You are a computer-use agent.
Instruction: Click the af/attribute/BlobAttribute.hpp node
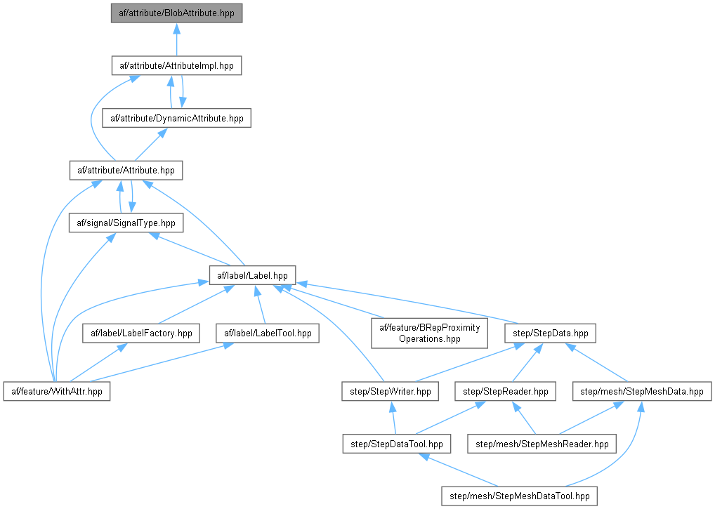click(x=176, y=13)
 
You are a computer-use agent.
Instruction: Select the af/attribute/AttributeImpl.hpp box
click(x=176, y=66)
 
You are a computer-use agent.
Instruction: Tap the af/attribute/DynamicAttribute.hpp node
click(x=176, y=118)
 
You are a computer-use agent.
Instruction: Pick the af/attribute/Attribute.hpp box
click(x=126, y=171)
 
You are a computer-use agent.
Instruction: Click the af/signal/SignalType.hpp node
click(x=126, y=223)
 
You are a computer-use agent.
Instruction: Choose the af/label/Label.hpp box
click(x=252, y=275)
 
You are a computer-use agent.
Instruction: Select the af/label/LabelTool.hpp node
click(x=266, y=333)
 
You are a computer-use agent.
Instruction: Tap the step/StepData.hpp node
click(x=551, y=333)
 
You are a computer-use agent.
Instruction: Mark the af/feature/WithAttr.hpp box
click(x=57, y=391)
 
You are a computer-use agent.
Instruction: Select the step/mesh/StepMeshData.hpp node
click(x=641, y=391)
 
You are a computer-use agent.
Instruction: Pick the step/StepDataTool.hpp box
click(x=396, y=444)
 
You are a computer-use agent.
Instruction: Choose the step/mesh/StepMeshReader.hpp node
click(x=543, y=444)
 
